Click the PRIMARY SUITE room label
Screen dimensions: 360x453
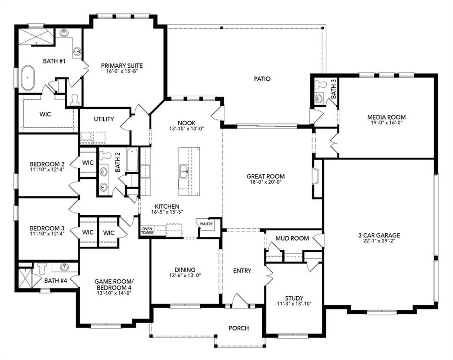[122, 65]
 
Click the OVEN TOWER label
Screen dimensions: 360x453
[147, 231]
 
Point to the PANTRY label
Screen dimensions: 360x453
[206, 224]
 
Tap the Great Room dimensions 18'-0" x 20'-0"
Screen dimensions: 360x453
[265, 183]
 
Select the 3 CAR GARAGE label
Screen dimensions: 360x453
[379, 235]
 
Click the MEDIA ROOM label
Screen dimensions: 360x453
[386, 117]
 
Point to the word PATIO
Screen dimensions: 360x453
[262, 79]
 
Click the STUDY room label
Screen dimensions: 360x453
[294, 298]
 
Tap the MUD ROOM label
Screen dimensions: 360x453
[292, 238]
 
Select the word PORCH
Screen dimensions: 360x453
[239, 328]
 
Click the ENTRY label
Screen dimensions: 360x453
[242, 270]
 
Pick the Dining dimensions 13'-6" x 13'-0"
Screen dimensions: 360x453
[185, 275]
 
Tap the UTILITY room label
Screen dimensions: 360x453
[104, 119]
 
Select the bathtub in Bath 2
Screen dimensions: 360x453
[132, 160]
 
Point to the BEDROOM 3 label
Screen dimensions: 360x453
[47, 228]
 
